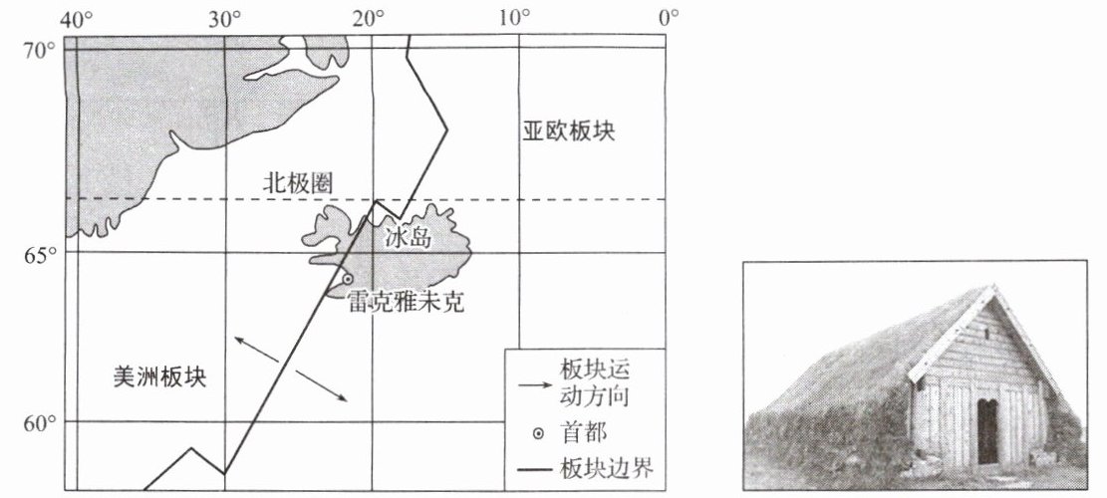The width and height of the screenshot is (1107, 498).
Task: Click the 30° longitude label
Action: point(223,18)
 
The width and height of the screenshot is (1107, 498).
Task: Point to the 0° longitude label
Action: point(669,18)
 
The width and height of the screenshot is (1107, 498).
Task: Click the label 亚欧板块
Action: point(569,132)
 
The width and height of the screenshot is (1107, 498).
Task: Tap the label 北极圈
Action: point(296,183)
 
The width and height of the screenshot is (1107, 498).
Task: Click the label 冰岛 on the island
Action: point(406,237)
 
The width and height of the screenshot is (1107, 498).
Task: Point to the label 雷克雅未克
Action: point(406,301)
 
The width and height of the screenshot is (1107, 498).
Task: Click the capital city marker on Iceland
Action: point(348,280)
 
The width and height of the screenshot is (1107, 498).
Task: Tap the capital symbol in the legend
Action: point(539,434)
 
